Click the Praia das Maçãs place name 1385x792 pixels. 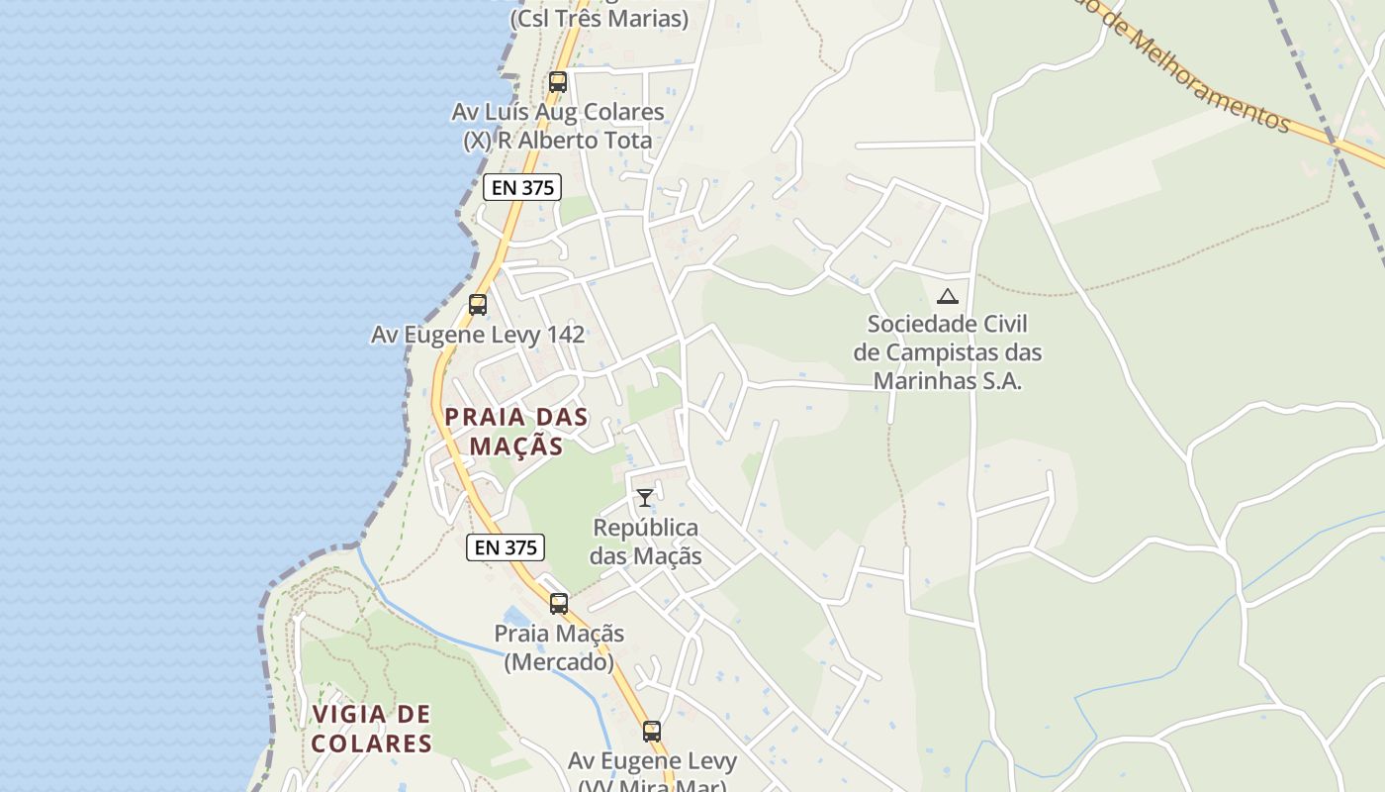tap(515, 431)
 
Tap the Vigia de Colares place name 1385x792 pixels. tap(371, 728)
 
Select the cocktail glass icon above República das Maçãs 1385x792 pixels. tap(645, 497)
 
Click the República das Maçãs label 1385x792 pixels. tap(646, 542)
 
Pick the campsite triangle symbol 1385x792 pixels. tap(948, 296)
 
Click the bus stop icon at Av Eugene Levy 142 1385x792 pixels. tap(478, 304)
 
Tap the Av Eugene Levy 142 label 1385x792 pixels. tap(478, 335)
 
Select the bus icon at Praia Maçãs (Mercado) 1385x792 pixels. tap(559, 603)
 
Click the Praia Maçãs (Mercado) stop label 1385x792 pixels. tap(559, 646)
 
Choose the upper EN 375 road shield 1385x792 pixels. tap(522, 187)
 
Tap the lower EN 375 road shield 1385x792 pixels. tap(506, 546)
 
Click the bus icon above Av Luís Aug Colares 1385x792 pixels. tap(558, 82)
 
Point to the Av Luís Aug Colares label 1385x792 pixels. tap(558, 112)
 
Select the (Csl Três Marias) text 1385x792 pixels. tap(599, 18)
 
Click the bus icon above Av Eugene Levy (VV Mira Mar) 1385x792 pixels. tap(651, 732)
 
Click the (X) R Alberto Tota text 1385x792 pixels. tap(558, 141)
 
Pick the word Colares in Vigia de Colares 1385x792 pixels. tap(372, 742)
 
